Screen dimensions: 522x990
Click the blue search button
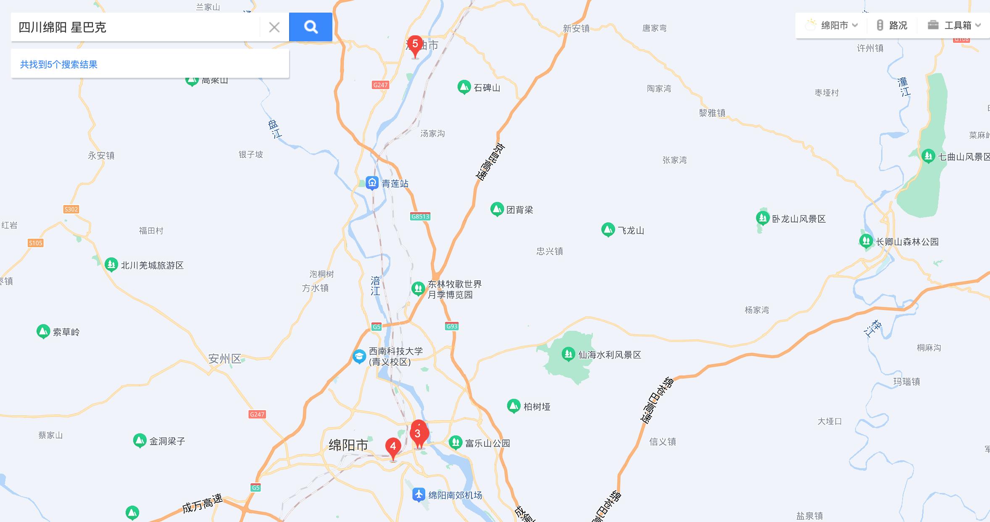point(311,27)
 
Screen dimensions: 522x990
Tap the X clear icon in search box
point(274,27)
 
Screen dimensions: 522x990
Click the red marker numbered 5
point(415,45)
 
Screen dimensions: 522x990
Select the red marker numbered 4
point(393,447)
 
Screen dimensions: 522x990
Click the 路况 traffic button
point(892,25)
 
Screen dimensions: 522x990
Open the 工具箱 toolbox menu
point(954,25)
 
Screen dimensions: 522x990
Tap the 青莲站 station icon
point(372,183)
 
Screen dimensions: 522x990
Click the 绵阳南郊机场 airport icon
point(419,495)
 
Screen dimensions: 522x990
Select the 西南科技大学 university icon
point(359,356)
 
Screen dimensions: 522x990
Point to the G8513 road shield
point(420,216)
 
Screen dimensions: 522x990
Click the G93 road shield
point(452,326)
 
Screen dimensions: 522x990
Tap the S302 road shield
point(71,209)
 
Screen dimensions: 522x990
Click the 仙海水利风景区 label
point(609,355)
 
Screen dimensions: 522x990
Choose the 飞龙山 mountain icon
point(608,229)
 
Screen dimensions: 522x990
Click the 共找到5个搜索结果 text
point(59,64)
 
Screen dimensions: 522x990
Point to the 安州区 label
point(225,359)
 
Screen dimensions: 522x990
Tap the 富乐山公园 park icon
point(456,442)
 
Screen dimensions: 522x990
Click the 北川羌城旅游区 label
point(152,265)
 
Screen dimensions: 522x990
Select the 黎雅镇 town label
point(712,113)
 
